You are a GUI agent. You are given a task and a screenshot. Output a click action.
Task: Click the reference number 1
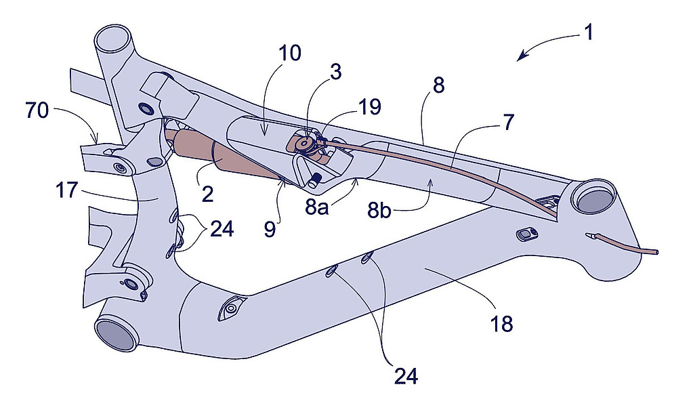(588, 33)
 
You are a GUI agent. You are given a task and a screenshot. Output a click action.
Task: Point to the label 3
(336, 72)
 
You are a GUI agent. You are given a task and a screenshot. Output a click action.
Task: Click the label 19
(371, 107)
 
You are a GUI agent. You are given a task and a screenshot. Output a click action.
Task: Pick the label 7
(509, 123)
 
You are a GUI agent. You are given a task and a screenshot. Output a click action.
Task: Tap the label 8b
(379, 211)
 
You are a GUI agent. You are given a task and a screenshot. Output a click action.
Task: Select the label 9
(270, 229)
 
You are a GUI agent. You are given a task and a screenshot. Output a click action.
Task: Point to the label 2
(207, 194)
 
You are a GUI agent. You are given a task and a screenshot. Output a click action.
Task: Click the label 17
(67, 191)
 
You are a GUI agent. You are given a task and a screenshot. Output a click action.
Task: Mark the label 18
(502, 324)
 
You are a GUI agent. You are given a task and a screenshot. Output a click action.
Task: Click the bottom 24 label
(406, 376)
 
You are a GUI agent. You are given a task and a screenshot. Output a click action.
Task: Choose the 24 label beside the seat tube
(222, 230)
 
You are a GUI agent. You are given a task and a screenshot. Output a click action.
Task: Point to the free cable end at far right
(657, 252)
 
